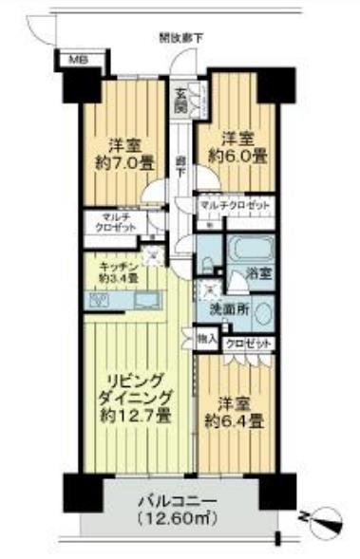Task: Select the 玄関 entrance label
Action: coord(180,97)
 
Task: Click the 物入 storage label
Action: coord(206,336)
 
